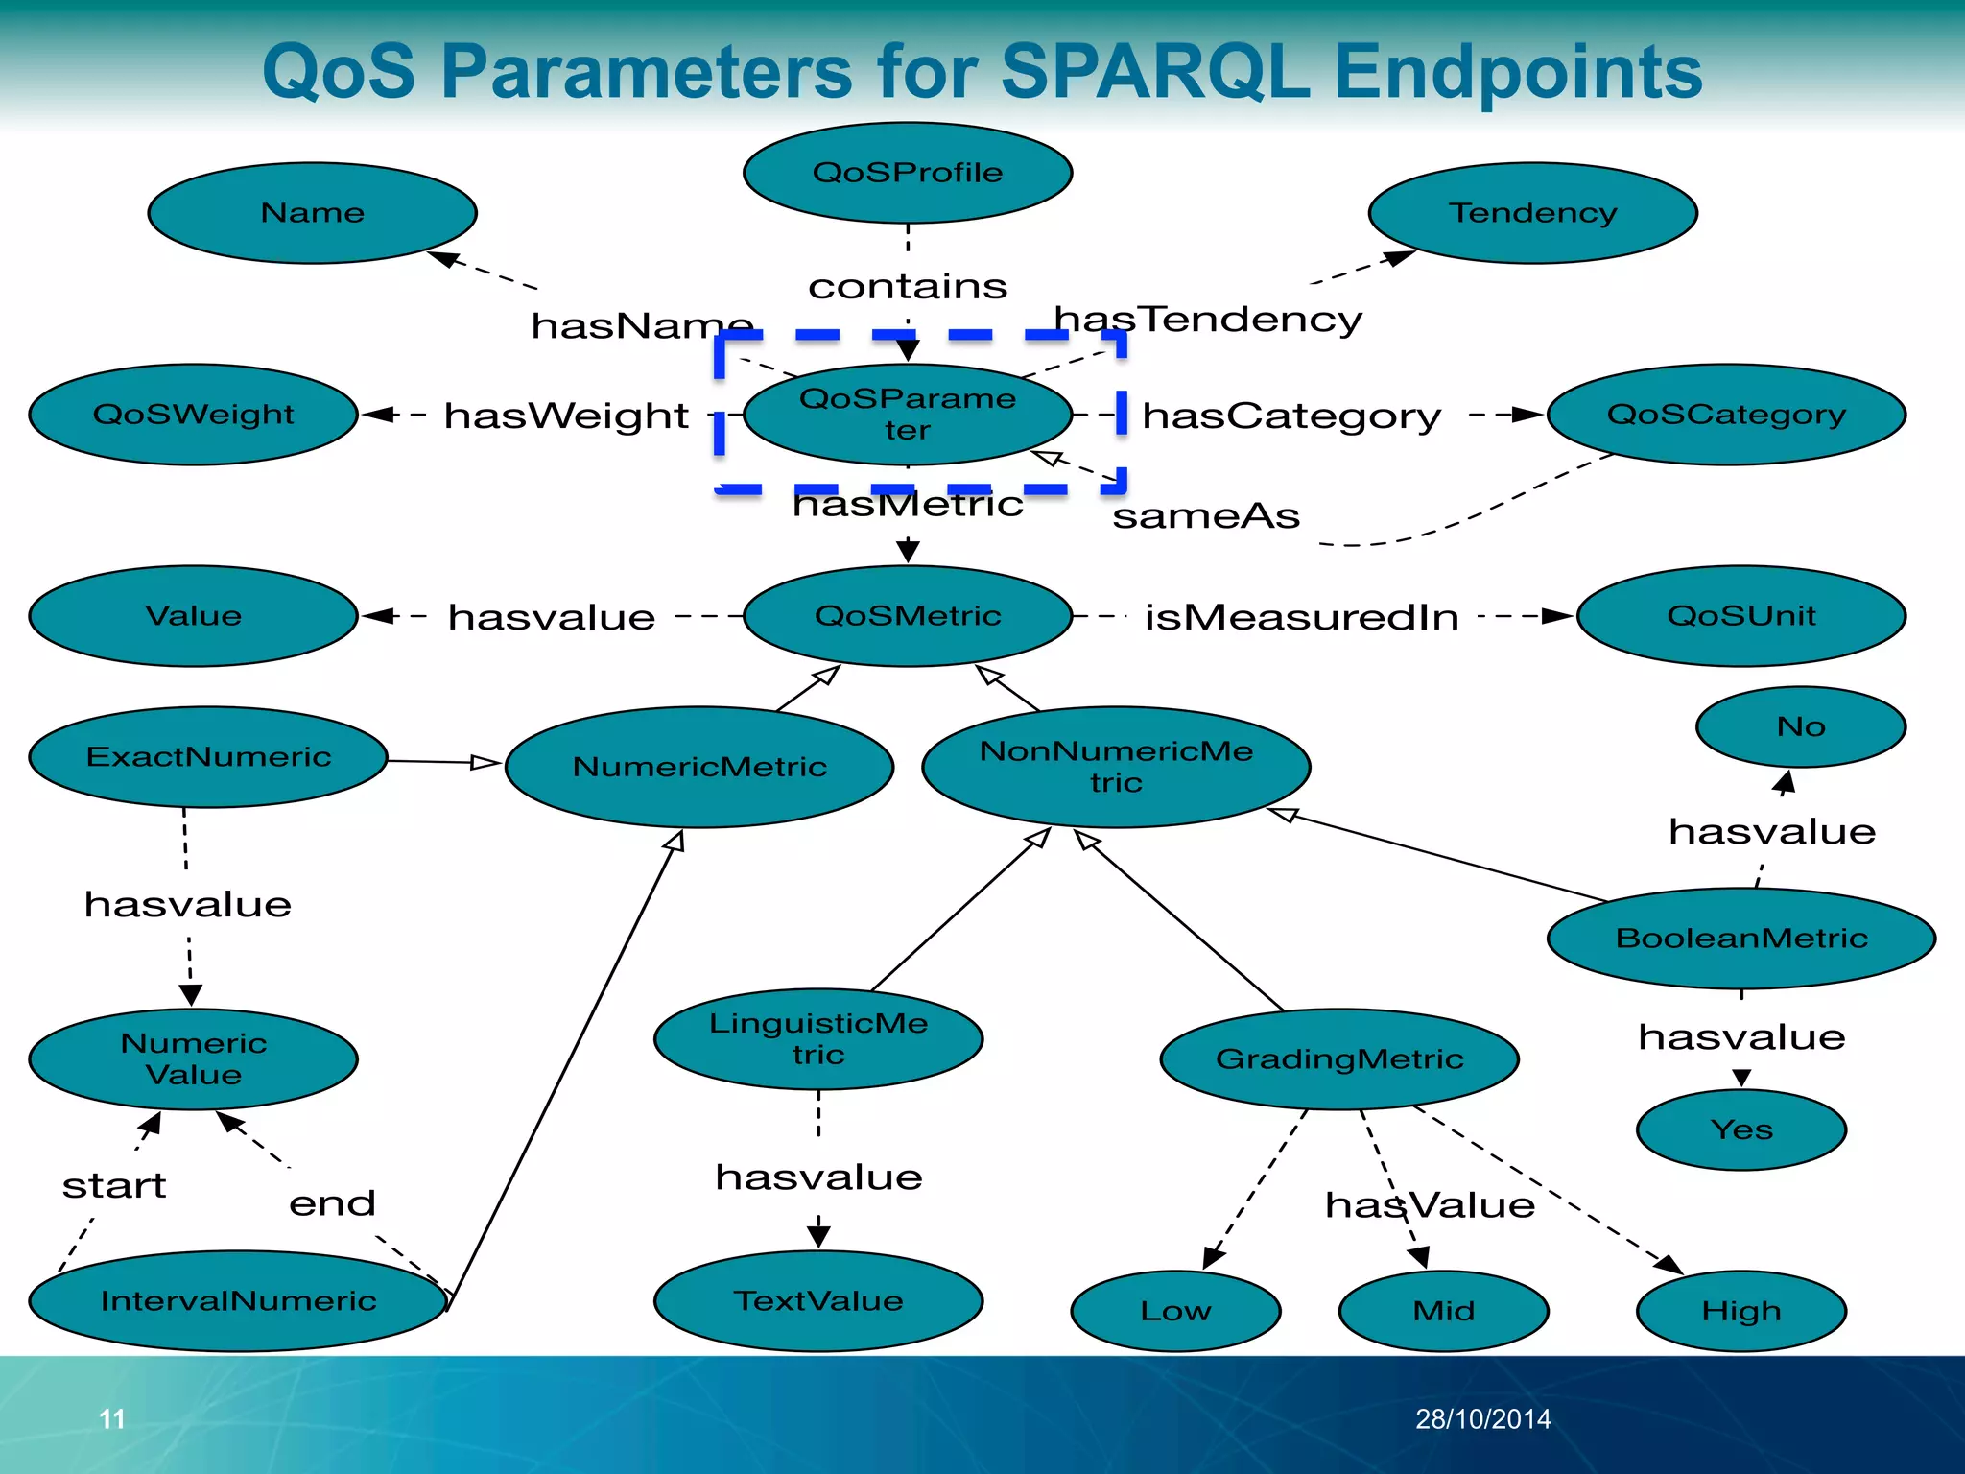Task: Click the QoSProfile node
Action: [907, 173]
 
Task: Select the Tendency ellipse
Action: [1532, 212]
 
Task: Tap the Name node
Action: [312, 212]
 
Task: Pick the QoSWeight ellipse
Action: [193, 415]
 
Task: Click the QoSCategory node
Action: [1726, 415]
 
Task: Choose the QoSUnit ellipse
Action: [1740, 615]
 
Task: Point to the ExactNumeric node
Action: [208, 757]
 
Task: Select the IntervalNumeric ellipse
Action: [238, 1301]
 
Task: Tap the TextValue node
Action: [817, 1301]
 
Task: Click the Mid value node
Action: [1443, 1311]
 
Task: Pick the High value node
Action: [1740, 1311]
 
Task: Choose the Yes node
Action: [1740, 1129]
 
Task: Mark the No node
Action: [1800, 726]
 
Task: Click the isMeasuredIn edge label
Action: [1301, 617]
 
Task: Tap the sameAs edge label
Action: [1205, 516]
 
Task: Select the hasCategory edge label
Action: [1290, 416]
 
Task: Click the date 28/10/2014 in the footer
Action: [1482, 1418]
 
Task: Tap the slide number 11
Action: [112, 1418]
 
